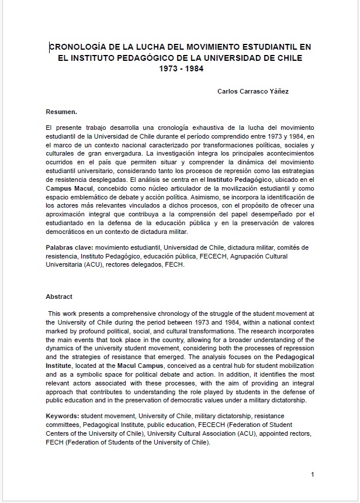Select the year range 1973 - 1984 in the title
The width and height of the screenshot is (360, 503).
point(179,68)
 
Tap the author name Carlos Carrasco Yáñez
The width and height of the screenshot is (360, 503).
point(252,91)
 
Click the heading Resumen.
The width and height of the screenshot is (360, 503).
point(61,111)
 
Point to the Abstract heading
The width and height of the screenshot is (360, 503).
point(59,297)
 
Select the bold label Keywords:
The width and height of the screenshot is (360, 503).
point(64,415)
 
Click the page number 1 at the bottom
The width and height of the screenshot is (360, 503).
point(313,474)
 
